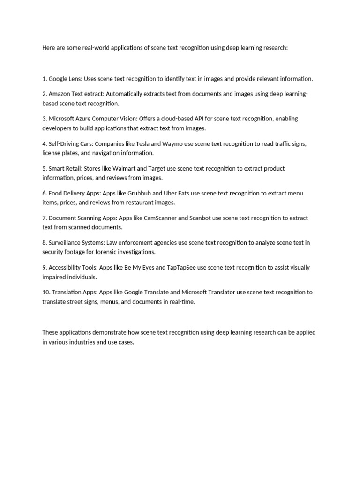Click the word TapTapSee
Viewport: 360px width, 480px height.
[x=181, y=268]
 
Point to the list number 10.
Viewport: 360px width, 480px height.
[x=46, y=292]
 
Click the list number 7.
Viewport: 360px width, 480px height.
[x=44, y=218]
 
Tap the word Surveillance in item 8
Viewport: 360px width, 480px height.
[x=67, y=243]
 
